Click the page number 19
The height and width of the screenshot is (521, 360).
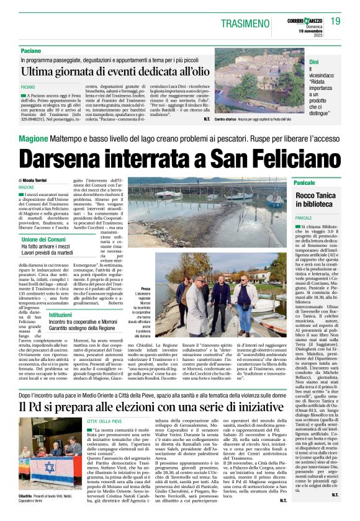335,21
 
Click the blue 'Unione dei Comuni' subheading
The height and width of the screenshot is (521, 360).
43,239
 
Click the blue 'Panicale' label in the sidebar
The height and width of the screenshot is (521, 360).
305,184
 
